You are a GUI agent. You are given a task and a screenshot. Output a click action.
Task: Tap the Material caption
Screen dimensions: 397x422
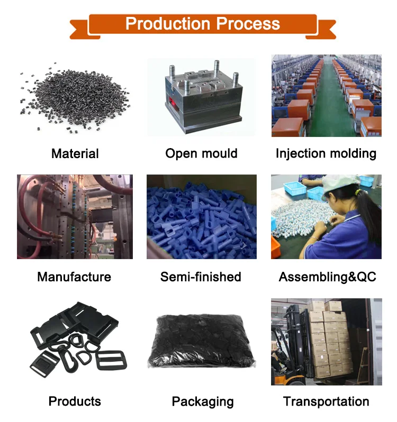tap(75, 154)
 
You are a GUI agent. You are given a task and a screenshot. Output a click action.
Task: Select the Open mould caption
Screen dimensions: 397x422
tap(201, 154)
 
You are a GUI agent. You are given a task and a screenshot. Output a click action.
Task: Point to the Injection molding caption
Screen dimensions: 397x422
tap(326, 154)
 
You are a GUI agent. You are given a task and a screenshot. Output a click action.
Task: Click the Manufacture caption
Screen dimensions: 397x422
tap(74, 277)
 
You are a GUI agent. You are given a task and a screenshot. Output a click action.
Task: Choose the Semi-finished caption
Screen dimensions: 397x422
tap(201, 277)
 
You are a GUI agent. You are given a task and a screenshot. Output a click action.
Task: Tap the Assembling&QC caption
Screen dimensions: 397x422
tap(327, 277)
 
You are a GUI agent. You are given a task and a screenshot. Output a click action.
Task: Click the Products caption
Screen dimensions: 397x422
tap(75, 401)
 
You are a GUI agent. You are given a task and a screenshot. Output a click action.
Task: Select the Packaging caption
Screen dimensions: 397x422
tap(203, 401)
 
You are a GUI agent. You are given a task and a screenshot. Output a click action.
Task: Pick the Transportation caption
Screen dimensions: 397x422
tap(326, 401)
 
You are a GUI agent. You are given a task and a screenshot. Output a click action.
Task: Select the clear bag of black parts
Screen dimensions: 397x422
tap(201, 344)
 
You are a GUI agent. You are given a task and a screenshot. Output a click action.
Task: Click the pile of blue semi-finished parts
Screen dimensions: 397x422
tap(201, 217)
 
